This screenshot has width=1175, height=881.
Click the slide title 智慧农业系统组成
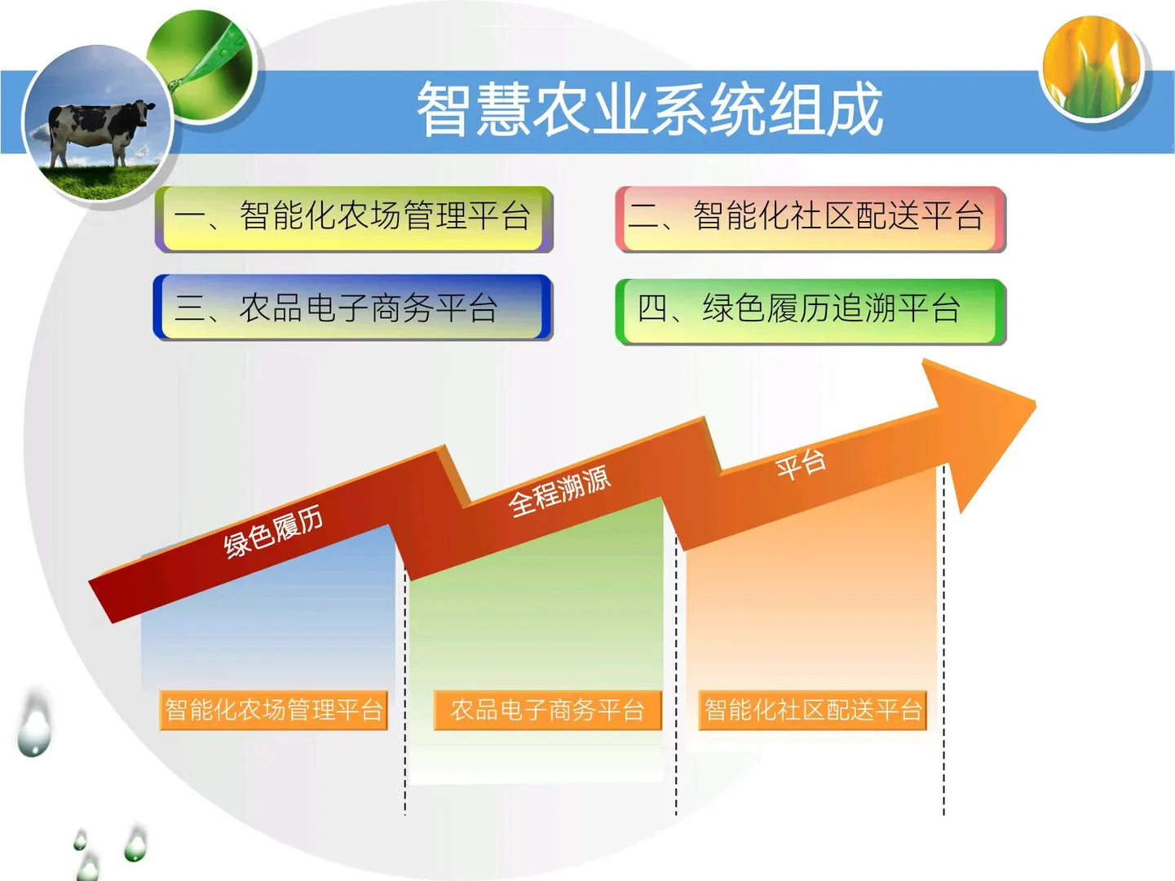[x=650, y=109]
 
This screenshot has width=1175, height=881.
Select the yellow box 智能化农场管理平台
[x=354, y=218]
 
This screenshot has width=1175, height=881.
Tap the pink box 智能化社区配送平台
[x=811, y=218]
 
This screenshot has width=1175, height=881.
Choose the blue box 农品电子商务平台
[x=352, y=308]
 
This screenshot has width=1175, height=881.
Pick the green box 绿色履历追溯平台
[x=811, y=310]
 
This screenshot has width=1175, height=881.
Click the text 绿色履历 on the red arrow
[x=273, y=532]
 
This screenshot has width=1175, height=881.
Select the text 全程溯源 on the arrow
[x=559, y=491]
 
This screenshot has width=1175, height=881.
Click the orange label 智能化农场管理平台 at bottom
[x=273, y=710]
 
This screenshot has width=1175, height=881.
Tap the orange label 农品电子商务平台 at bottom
[x=547, y=710]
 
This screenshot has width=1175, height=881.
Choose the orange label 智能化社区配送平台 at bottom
[x=813, y=710]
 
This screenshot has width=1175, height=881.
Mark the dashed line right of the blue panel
[x=404, y=693]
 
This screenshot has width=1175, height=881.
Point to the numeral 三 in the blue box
[x=190, y=308]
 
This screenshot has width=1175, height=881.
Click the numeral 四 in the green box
[x=653, y=309]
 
